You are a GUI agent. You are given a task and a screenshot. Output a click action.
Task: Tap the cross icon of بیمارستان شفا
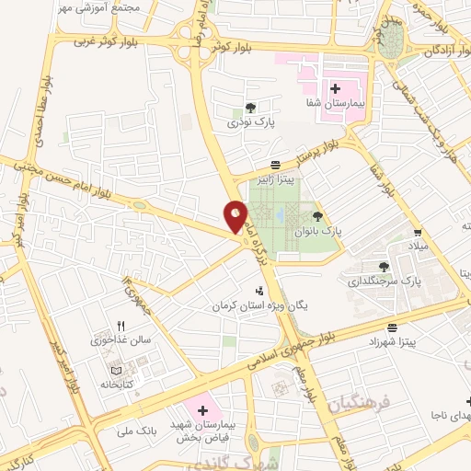[x=337, y=89]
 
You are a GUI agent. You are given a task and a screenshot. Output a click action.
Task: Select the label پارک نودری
[x=252, y=121]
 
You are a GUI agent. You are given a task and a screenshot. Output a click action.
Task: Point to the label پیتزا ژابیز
[x=275, y=181]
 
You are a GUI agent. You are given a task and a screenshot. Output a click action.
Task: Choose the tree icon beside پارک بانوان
[x=317, y=217]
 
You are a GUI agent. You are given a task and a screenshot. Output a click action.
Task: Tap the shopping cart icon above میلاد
[x=419, y=232]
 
